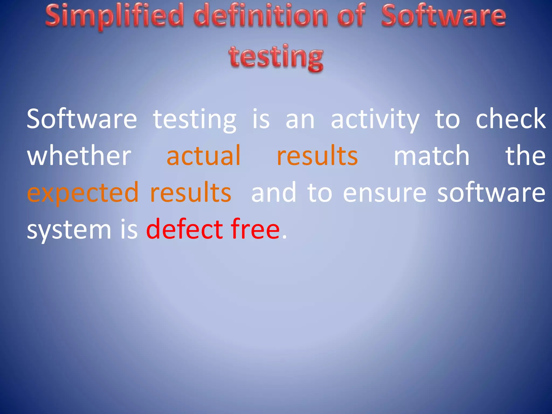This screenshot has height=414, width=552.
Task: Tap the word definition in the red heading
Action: click(260, 16)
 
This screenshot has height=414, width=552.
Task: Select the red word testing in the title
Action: click(276, 57)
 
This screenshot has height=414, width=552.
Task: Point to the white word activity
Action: click(375, 119)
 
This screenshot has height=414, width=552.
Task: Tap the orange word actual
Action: click(203, 156)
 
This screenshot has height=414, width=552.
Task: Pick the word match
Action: click(432, 156)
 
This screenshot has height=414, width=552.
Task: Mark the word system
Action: click(69, 230)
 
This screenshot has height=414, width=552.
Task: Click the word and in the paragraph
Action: click(274, 192)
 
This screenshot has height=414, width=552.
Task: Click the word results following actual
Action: click(317, 156)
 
